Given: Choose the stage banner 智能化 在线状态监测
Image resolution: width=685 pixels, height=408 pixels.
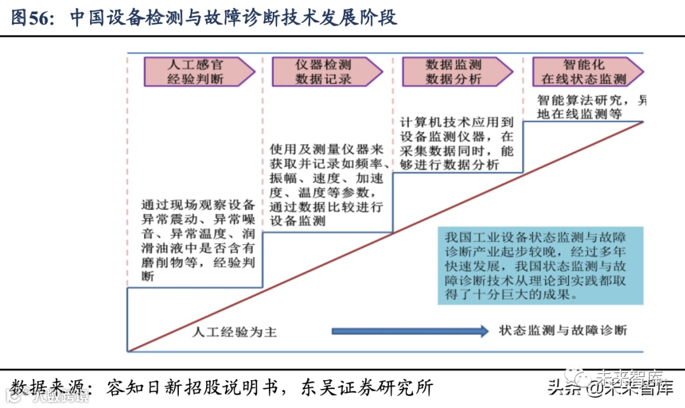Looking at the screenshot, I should [584, 72].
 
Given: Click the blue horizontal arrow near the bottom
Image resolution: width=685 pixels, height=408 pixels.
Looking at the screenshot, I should [410, 331].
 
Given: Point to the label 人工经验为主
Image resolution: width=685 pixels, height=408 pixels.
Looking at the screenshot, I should [235, 331].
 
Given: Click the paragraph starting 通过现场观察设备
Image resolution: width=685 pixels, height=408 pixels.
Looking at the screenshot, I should [198, 240].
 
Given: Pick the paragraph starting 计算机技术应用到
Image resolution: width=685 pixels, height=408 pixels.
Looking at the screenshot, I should [457, 143].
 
